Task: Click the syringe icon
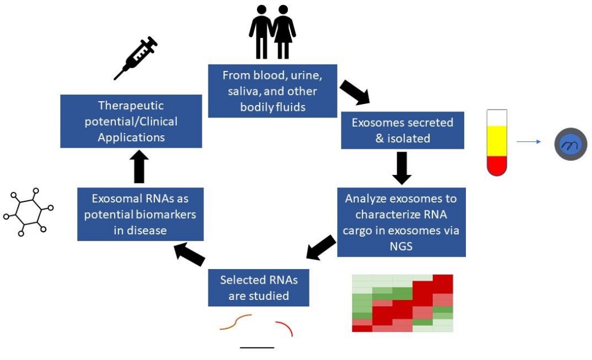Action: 136,58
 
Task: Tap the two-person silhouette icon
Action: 272,33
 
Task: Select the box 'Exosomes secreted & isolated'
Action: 402,130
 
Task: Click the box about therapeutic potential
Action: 131,121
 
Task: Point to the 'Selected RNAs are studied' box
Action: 259,287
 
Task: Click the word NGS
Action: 401,246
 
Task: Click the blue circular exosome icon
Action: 570,144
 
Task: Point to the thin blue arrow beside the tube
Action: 528,142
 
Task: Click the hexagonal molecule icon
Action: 28,212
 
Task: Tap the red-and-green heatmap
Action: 402,303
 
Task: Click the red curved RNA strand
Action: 285,327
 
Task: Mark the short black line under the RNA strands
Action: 257,347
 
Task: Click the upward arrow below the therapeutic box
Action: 139,166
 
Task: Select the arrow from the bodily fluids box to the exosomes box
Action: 354,92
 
